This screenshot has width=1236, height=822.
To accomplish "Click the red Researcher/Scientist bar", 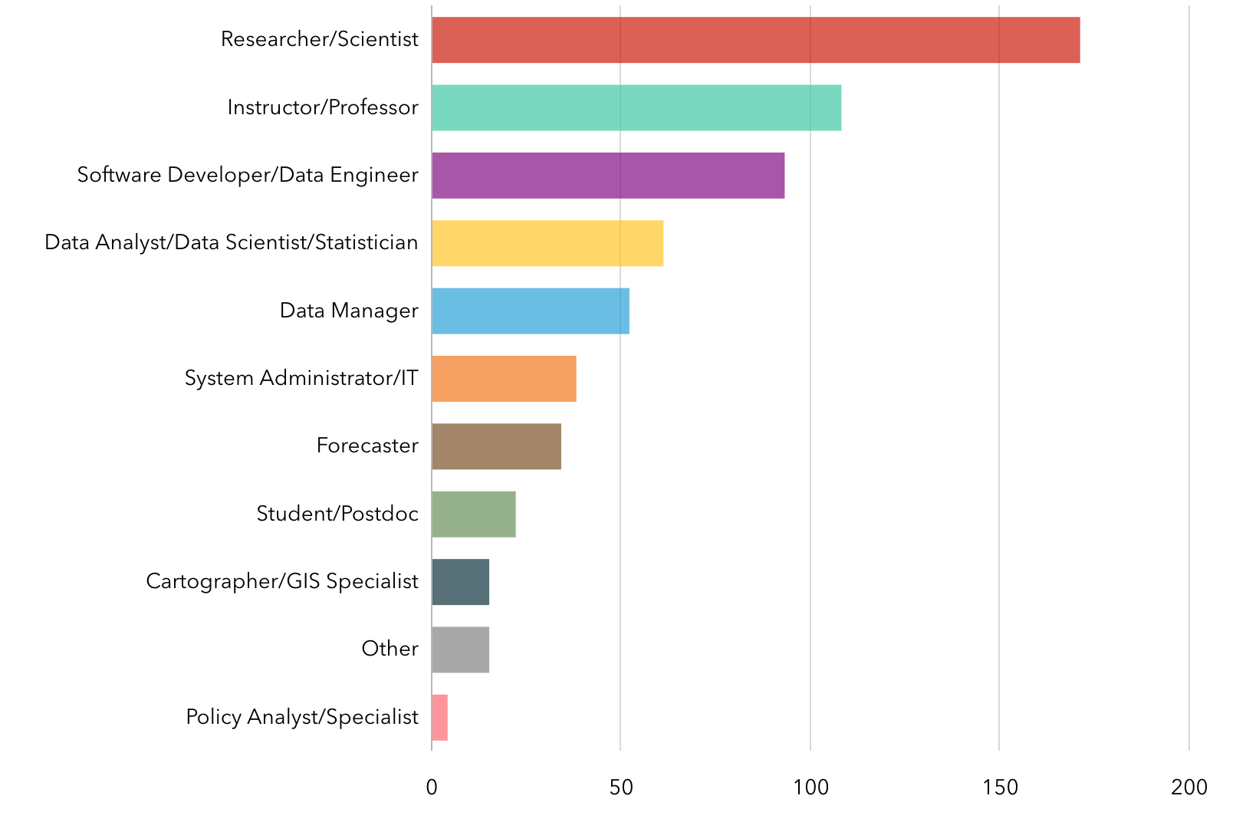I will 755,40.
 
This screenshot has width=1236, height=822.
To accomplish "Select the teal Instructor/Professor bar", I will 636,107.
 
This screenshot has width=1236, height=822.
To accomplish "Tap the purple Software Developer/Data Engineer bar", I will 608,176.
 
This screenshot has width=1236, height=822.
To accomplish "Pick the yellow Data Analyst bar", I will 547,243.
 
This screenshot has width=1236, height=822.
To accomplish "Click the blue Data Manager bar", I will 531,311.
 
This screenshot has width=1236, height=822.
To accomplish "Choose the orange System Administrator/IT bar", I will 504,379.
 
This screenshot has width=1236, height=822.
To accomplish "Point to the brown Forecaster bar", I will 496,446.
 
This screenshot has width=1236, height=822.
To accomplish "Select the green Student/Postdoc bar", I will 474,514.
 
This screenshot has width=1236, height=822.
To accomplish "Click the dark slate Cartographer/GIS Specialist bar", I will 460,582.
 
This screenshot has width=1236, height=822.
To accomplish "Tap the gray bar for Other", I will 460,649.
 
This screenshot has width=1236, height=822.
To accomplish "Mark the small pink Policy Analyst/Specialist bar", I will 439,718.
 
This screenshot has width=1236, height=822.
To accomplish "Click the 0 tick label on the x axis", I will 432,787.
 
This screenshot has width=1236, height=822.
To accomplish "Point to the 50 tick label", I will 621,787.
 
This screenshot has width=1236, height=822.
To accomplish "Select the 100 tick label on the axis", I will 810,787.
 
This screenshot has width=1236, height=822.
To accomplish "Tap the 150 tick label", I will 1000,787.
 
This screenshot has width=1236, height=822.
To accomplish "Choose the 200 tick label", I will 1189,787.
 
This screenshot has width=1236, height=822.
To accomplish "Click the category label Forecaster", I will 367,446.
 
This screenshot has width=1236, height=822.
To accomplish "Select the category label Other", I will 390,649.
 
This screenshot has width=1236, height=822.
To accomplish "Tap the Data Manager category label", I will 349,311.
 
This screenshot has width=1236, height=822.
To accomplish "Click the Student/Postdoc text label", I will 337,514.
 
